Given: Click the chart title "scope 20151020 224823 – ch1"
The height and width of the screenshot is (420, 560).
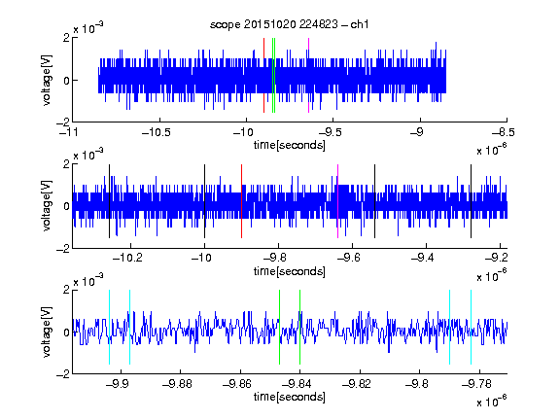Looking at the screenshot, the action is click(x=289, y=24).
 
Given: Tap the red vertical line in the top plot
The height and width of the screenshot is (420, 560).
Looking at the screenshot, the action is click(x=263, y=76).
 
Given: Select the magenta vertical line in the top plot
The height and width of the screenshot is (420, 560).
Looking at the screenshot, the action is click(x=308, y=76).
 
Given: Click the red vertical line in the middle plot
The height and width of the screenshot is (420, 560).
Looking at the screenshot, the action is click(x=241, y=201).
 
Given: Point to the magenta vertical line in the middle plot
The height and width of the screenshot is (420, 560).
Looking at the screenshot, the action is click(x=337, y=201).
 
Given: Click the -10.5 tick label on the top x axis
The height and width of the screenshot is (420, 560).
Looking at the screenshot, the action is click(x=157, y=132).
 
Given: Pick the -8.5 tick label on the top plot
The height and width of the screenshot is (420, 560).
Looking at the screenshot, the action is click(x=504, y=132).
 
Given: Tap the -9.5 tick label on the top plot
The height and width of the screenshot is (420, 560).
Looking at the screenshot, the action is click(x=330, y=132).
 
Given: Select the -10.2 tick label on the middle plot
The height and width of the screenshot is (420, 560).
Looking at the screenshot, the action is click(x=127, y=258).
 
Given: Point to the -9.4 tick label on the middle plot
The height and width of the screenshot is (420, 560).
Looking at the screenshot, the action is click(x=422, y=258).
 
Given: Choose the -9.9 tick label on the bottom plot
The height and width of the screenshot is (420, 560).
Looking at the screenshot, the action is click(x=118, y=384).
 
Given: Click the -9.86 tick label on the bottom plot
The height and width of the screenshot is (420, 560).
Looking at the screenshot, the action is click(x=237, y=384).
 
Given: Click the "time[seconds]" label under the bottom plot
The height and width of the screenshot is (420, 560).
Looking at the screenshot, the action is click(x=290, y=397).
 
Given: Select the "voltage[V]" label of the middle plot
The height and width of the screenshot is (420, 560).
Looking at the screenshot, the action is click(x=47, y=206).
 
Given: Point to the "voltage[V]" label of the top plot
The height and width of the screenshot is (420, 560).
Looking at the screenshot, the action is click(x=47, y=80).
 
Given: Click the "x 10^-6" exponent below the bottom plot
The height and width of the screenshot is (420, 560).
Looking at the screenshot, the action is click(x=492, y=401).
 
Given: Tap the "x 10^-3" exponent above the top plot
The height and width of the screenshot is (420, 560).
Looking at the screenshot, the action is click(x=88, y=27).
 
